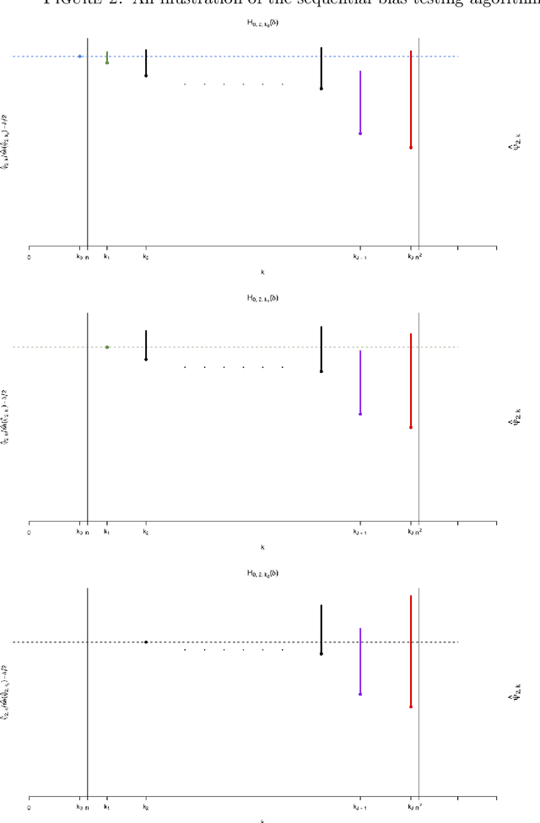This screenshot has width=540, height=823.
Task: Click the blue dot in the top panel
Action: tap(79, 57)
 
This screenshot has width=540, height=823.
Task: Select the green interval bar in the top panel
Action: tap(107, 57)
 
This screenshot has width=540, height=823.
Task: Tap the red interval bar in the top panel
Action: tap(411, 100)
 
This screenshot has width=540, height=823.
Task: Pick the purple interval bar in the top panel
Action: tap(360, 101)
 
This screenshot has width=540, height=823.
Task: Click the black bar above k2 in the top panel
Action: tap(146, 63)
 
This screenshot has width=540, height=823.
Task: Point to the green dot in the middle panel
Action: tap(107, 347)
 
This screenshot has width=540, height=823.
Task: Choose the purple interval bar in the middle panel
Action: tap(360, 382)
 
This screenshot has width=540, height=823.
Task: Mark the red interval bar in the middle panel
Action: tap(411, 380)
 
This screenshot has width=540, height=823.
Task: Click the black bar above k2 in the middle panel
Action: tap(146, 344)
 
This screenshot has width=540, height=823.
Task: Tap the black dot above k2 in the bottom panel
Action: tap(146, 642)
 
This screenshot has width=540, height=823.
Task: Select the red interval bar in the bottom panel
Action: tap(411, 651)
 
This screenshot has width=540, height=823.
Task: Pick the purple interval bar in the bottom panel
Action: tap(360, 661)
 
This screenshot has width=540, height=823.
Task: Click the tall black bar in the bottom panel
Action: tap(321, 629)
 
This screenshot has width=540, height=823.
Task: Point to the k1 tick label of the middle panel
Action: tap(106, 533)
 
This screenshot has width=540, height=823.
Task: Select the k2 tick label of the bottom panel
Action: tap(146, 808)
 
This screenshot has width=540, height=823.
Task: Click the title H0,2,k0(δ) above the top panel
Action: tap(262, 23)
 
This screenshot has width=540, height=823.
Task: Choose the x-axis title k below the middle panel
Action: tap(262, 548)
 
